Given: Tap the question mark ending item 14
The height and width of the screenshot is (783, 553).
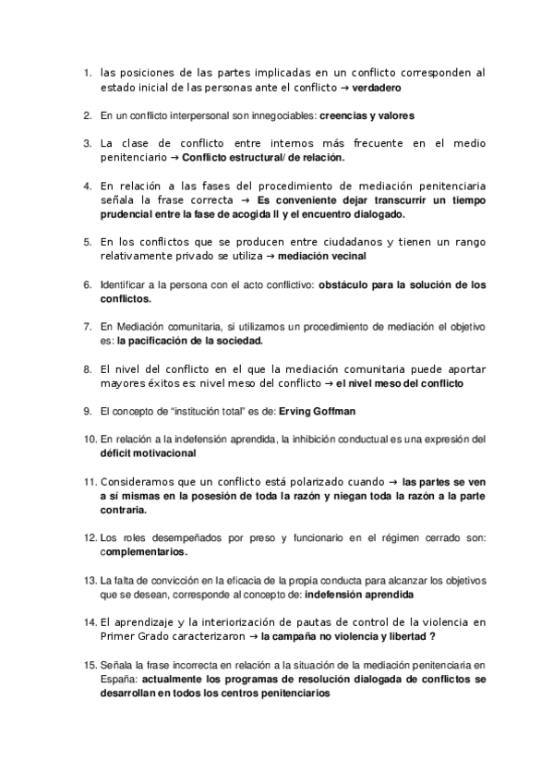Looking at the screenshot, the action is (432, 638).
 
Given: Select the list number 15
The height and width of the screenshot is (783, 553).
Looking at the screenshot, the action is (90, 666).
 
